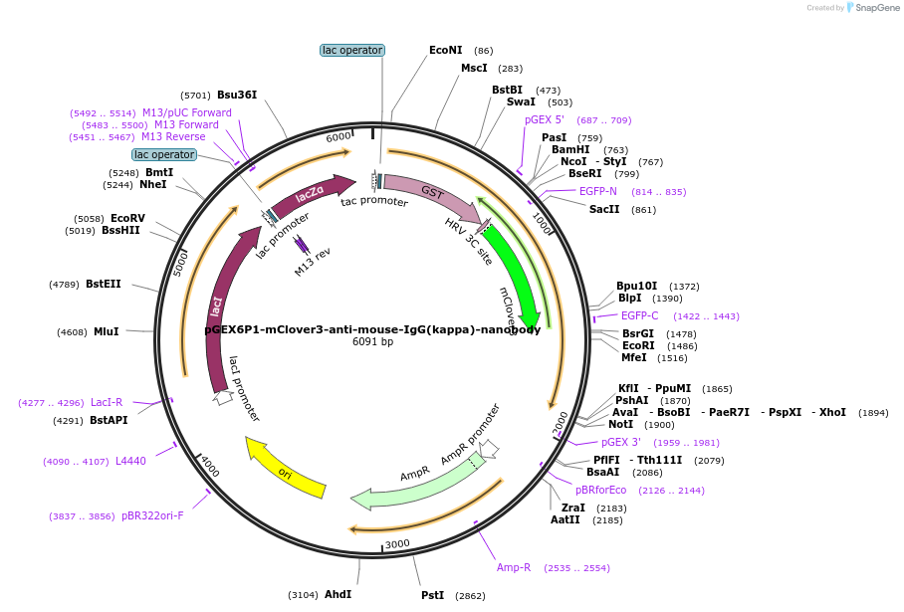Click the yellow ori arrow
[x=286, y=469]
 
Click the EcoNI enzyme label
[x=446, y=50]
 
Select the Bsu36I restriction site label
[x=237, y=96]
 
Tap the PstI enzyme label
[x=432, y=595]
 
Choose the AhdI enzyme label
[x=338, y=594]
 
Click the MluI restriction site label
[x=107, y=331]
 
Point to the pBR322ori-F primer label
[x=152, y=515]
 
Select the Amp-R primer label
[x=514, y=567]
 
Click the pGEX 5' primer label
[x=545, y=120]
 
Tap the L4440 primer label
[x=130, y=461]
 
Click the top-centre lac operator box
[x=352, y=50]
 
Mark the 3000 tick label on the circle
[x=397, y=543]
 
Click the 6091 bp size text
[x=372, y=342]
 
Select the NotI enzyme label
[x=621, y=424]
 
